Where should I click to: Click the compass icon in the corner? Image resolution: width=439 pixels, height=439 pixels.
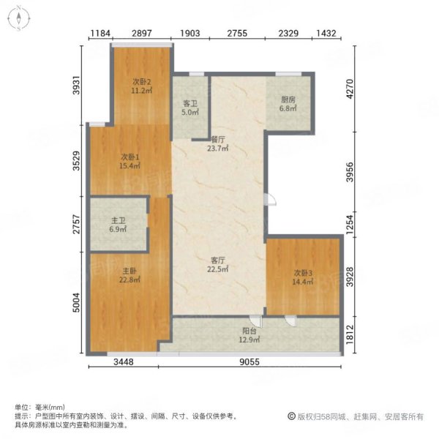pyautogui.click(x=18, y=18)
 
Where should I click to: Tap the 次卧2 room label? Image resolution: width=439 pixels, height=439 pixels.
pyautogui.click(x=142, y=82)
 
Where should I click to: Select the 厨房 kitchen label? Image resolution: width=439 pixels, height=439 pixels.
pyautogui.click(x=288, y=100)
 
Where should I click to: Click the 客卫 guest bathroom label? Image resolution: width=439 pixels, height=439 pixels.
pyautogui.click(x=190, y=104)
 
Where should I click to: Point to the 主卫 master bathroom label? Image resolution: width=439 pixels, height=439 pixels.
pyautogui.click(x=118, y=221)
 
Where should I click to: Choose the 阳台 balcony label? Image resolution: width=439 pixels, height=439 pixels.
pyautogui.click(x=249, y=331)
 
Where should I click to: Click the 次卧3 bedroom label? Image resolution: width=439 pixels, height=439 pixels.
pyautogui.click(x=303, y=273)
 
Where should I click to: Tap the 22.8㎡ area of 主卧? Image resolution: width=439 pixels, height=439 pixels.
pyautogui.click(x=130, y=279)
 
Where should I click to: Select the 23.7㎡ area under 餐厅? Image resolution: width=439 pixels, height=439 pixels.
pyautogui.click(x=218, y=148)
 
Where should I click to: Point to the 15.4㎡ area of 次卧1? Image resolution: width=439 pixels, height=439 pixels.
pyautogui.click(x=130, y=166)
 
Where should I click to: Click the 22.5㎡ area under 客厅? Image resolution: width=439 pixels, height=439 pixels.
pyautogui.click(x=218, y=269)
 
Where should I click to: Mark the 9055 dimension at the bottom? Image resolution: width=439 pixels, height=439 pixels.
pyautogui.click(x=249, y=362)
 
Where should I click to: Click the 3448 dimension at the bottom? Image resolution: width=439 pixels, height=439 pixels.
pyautogui.click(x=124, y=362)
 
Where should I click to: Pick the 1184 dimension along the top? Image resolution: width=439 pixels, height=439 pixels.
pyautogui.click(x=100, y=34)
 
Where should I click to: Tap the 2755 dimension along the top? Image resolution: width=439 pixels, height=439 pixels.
pyautogui.click(x=237, y=34)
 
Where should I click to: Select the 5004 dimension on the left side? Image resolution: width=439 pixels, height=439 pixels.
pyautogui.click(x=76, y=303)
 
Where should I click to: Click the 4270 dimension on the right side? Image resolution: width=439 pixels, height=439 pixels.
pyautogui.click(x=350, y=89)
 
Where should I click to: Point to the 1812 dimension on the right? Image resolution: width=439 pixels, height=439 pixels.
pyautogui.click(x=350, y=334)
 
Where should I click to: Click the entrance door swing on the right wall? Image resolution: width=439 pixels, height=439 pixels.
pyautogui.click(x=271, y=199)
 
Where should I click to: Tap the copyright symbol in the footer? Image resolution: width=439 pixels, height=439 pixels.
pyautogui.click(x=291, y=416)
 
